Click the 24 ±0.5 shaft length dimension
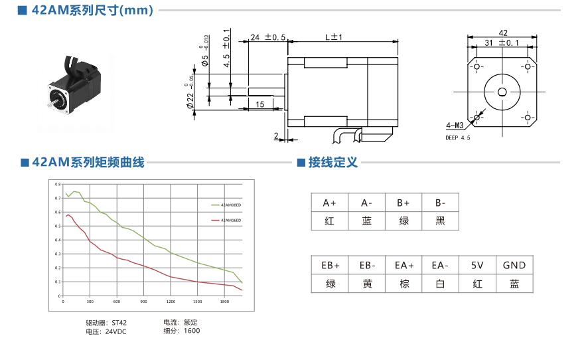pos(267,38)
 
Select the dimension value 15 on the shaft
pos(259,104)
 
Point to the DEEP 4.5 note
pos(458,138)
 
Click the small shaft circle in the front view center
pos(502,92)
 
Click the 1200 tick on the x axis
pos(171,302)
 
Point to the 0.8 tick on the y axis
pos(57,184)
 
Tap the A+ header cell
pos(329,203)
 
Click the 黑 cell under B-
pos(440,221)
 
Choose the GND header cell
pos(514,265)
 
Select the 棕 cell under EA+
pos(404,284)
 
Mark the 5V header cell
pos(477,265)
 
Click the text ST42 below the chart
pos(119,323)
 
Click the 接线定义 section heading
pos(332,162)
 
